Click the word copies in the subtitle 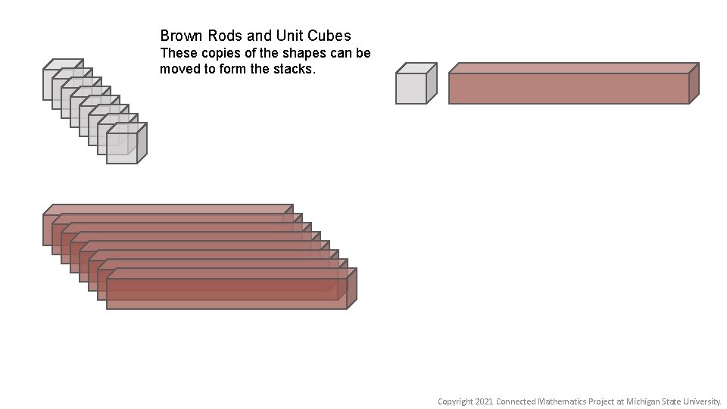(216, 54)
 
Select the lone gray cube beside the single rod (411, 88)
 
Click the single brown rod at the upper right (568, 88)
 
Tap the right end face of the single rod (694, 83)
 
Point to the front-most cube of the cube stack (122, 148)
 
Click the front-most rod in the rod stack (226, 293)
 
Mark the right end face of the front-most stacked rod (352, 288)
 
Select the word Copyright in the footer (454, 401)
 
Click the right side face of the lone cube (432, 83)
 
